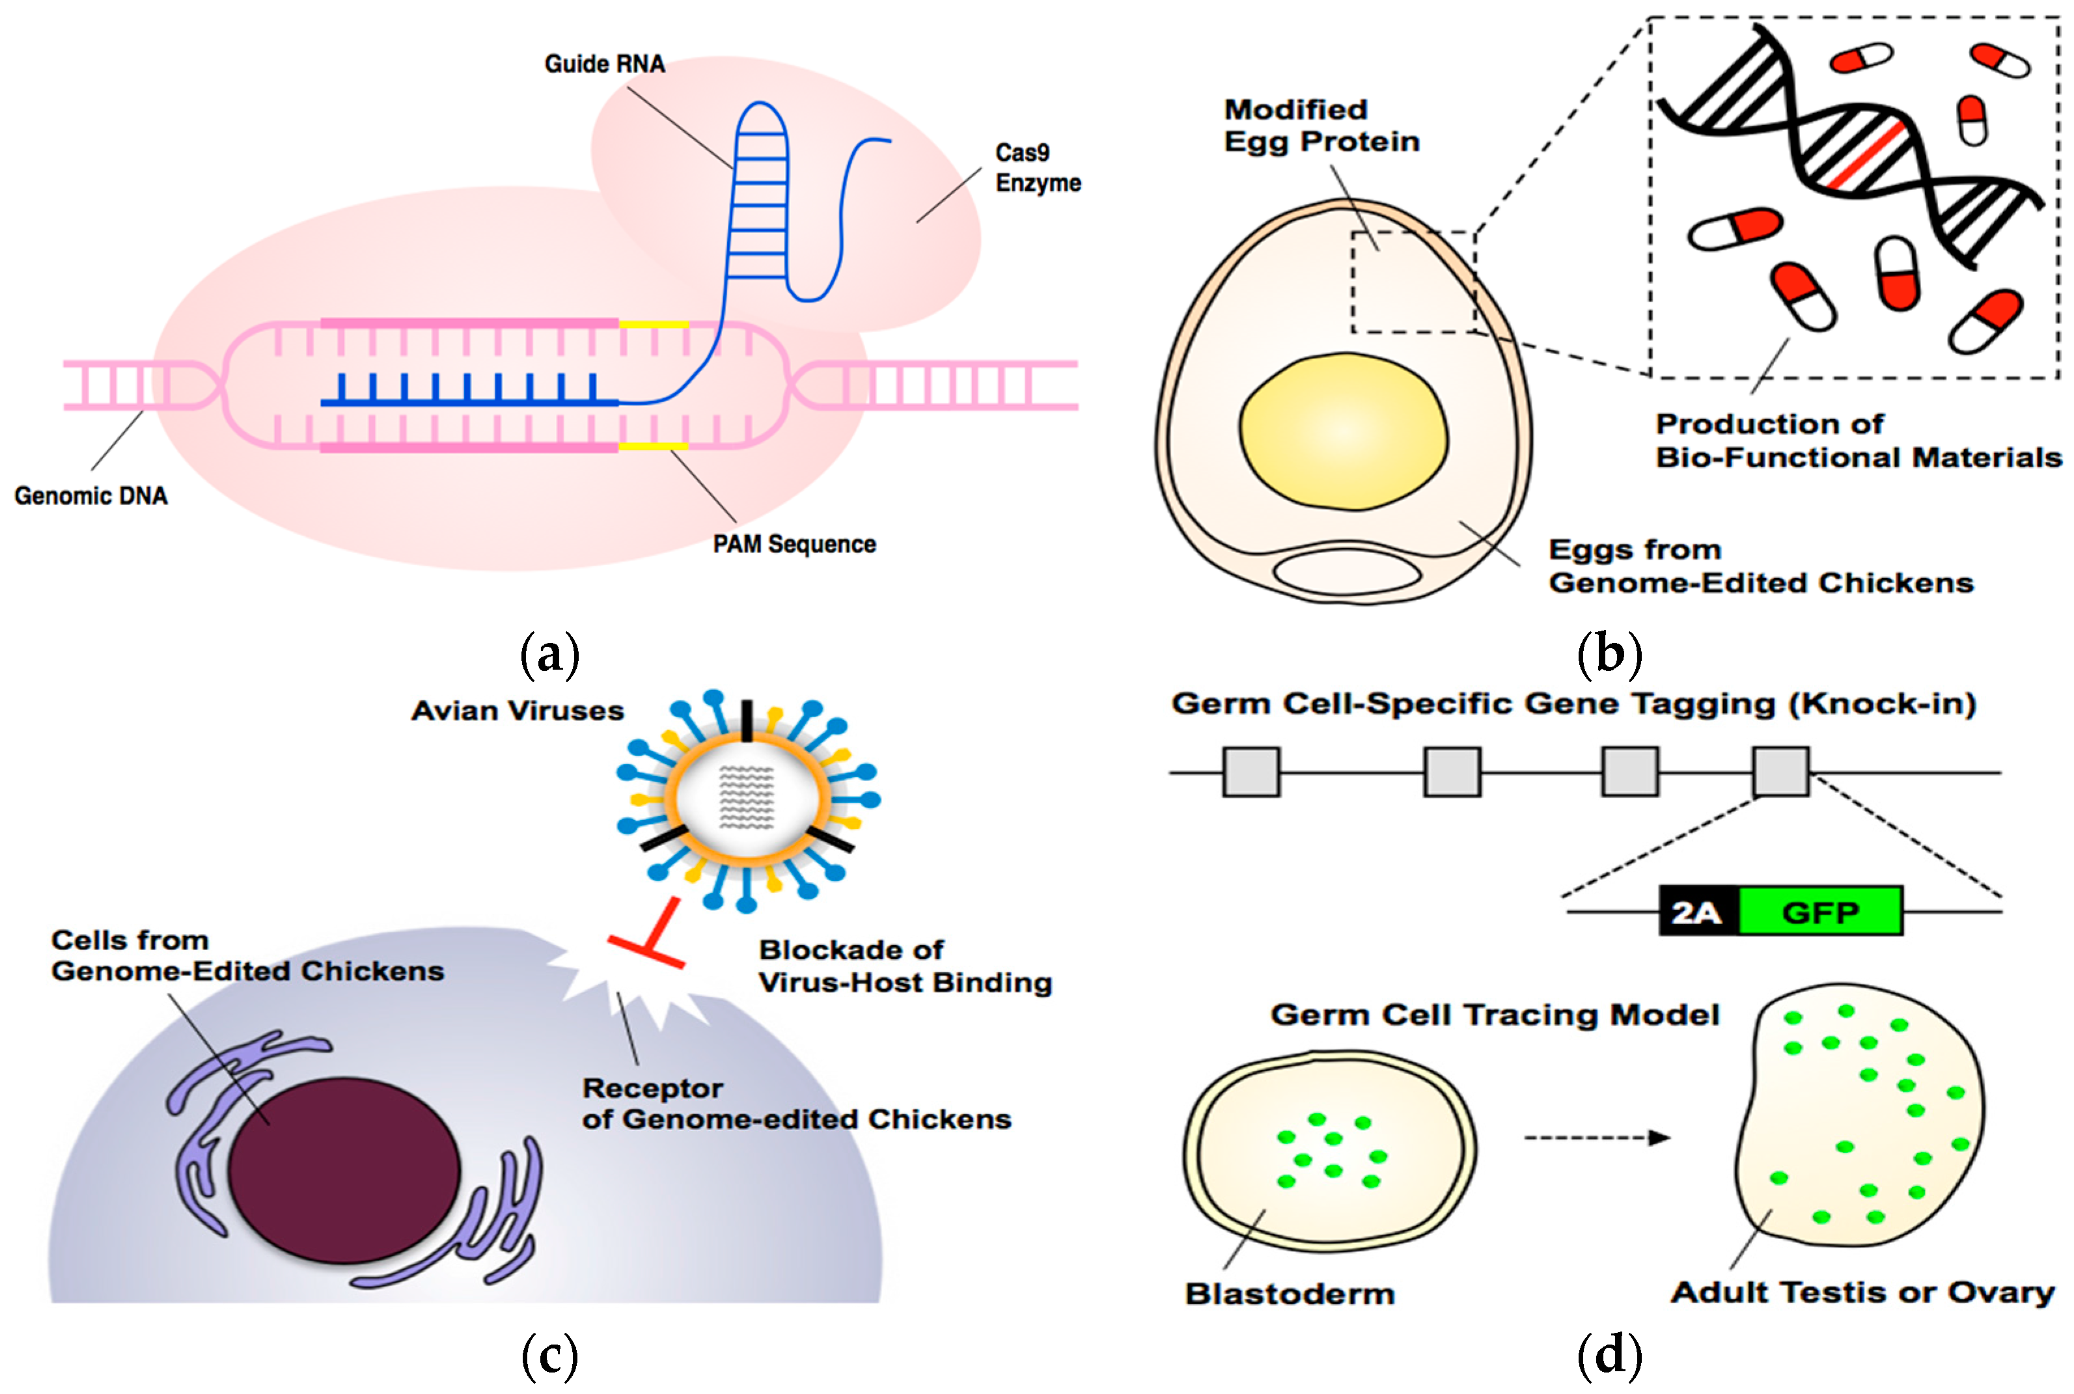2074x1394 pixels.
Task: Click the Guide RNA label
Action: (x=605, y=64)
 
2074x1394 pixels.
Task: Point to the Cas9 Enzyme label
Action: (x=1038, y=167)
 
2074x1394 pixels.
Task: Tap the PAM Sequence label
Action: (x=794, y=544)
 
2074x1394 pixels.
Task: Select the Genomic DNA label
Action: (x=90, y=495)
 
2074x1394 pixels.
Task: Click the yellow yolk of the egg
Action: (x=1343, y=431)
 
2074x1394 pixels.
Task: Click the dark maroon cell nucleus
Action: (x=344, y=1170)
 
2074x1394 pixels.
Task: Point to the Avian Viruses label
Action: (x=518, y=710)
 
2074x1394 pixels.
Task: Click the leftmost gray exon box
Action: (x=1251, y=772)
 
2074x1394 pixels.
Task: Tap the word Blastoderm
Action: (x=1290, y=1294)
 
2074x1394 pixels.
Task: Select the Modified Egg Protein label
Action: (x=1321, y=126)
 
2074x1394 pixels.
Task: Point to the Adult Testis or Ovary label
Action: (x=1863, y=1292)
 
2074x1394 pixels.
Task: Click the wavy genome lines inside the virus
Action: (x=747, y=796)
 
